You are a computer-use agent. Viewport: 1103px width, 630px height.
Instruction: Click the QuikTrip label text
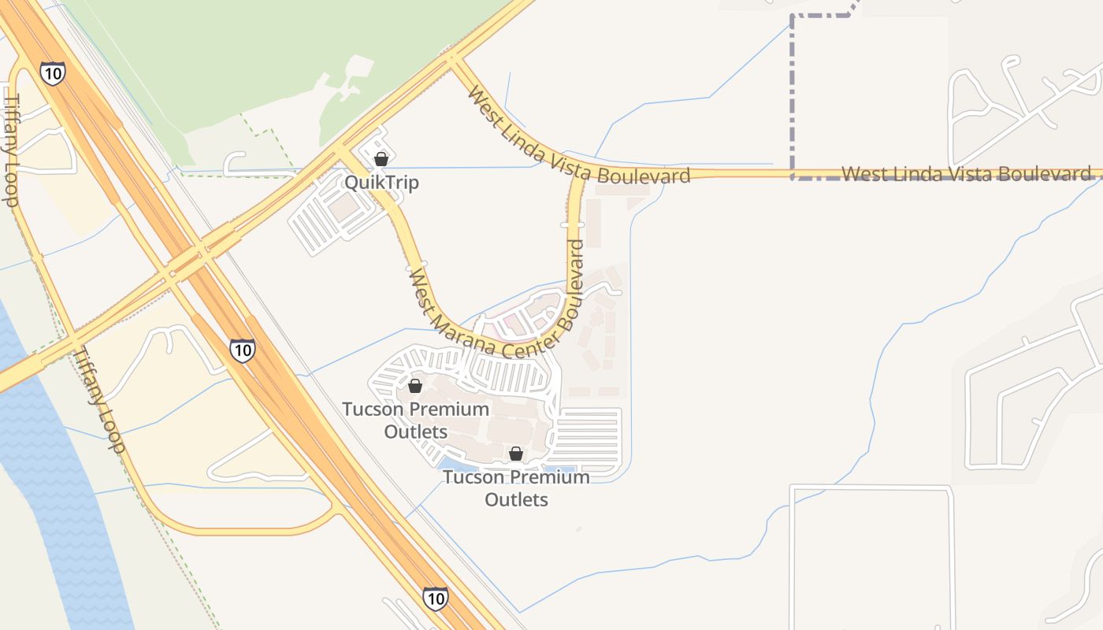[381, 183]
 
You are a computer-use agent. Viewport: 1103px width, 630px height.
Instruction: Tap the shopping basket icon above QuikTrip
[381, 159]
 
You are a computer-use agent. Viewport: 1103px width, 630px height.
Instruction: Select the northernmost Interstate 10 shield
[52, 73]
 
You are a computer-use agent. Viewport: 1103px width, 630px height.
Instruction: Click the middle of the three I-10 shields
[243, 350]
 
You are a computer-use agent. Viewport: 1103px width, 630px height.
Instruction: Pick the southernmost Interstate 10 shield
[435, 598]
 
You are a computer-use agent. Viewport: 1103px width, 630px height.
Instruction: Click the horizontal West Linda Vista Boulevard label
[967, 173]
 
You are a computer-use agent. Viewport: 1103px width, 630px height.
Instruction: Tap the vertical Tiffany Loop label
[12, 150]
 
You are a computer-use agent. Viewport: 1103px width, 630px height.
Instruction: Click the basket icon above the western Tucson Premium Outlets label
[415, 386]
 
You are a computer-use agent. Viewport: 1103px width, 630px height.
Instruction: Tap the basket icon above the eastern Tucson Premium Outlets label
[516, 454]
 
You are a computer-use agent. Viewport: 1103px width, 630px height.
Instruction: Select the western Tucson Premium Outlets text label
[415, 421]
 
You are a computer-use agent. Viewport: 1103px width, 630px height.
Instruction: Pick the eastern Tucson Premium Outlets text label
[516, 488]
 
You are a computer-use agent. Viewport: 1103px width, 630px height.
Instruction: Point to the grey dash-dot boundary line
[792, 94]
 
